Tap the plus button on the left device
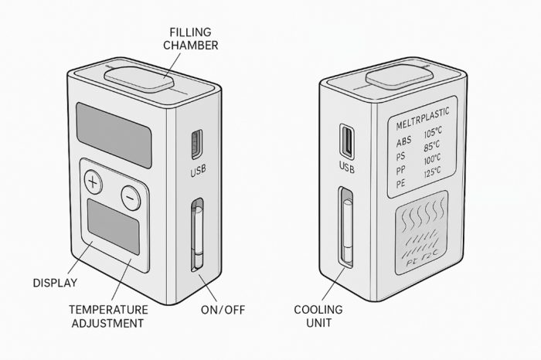pos(93,183)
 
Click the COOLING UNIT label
pos(318,315)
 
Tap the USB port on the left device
pos(196,144)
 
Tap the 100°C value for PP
pos(432,160)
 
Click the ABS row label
pos(403,142)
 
